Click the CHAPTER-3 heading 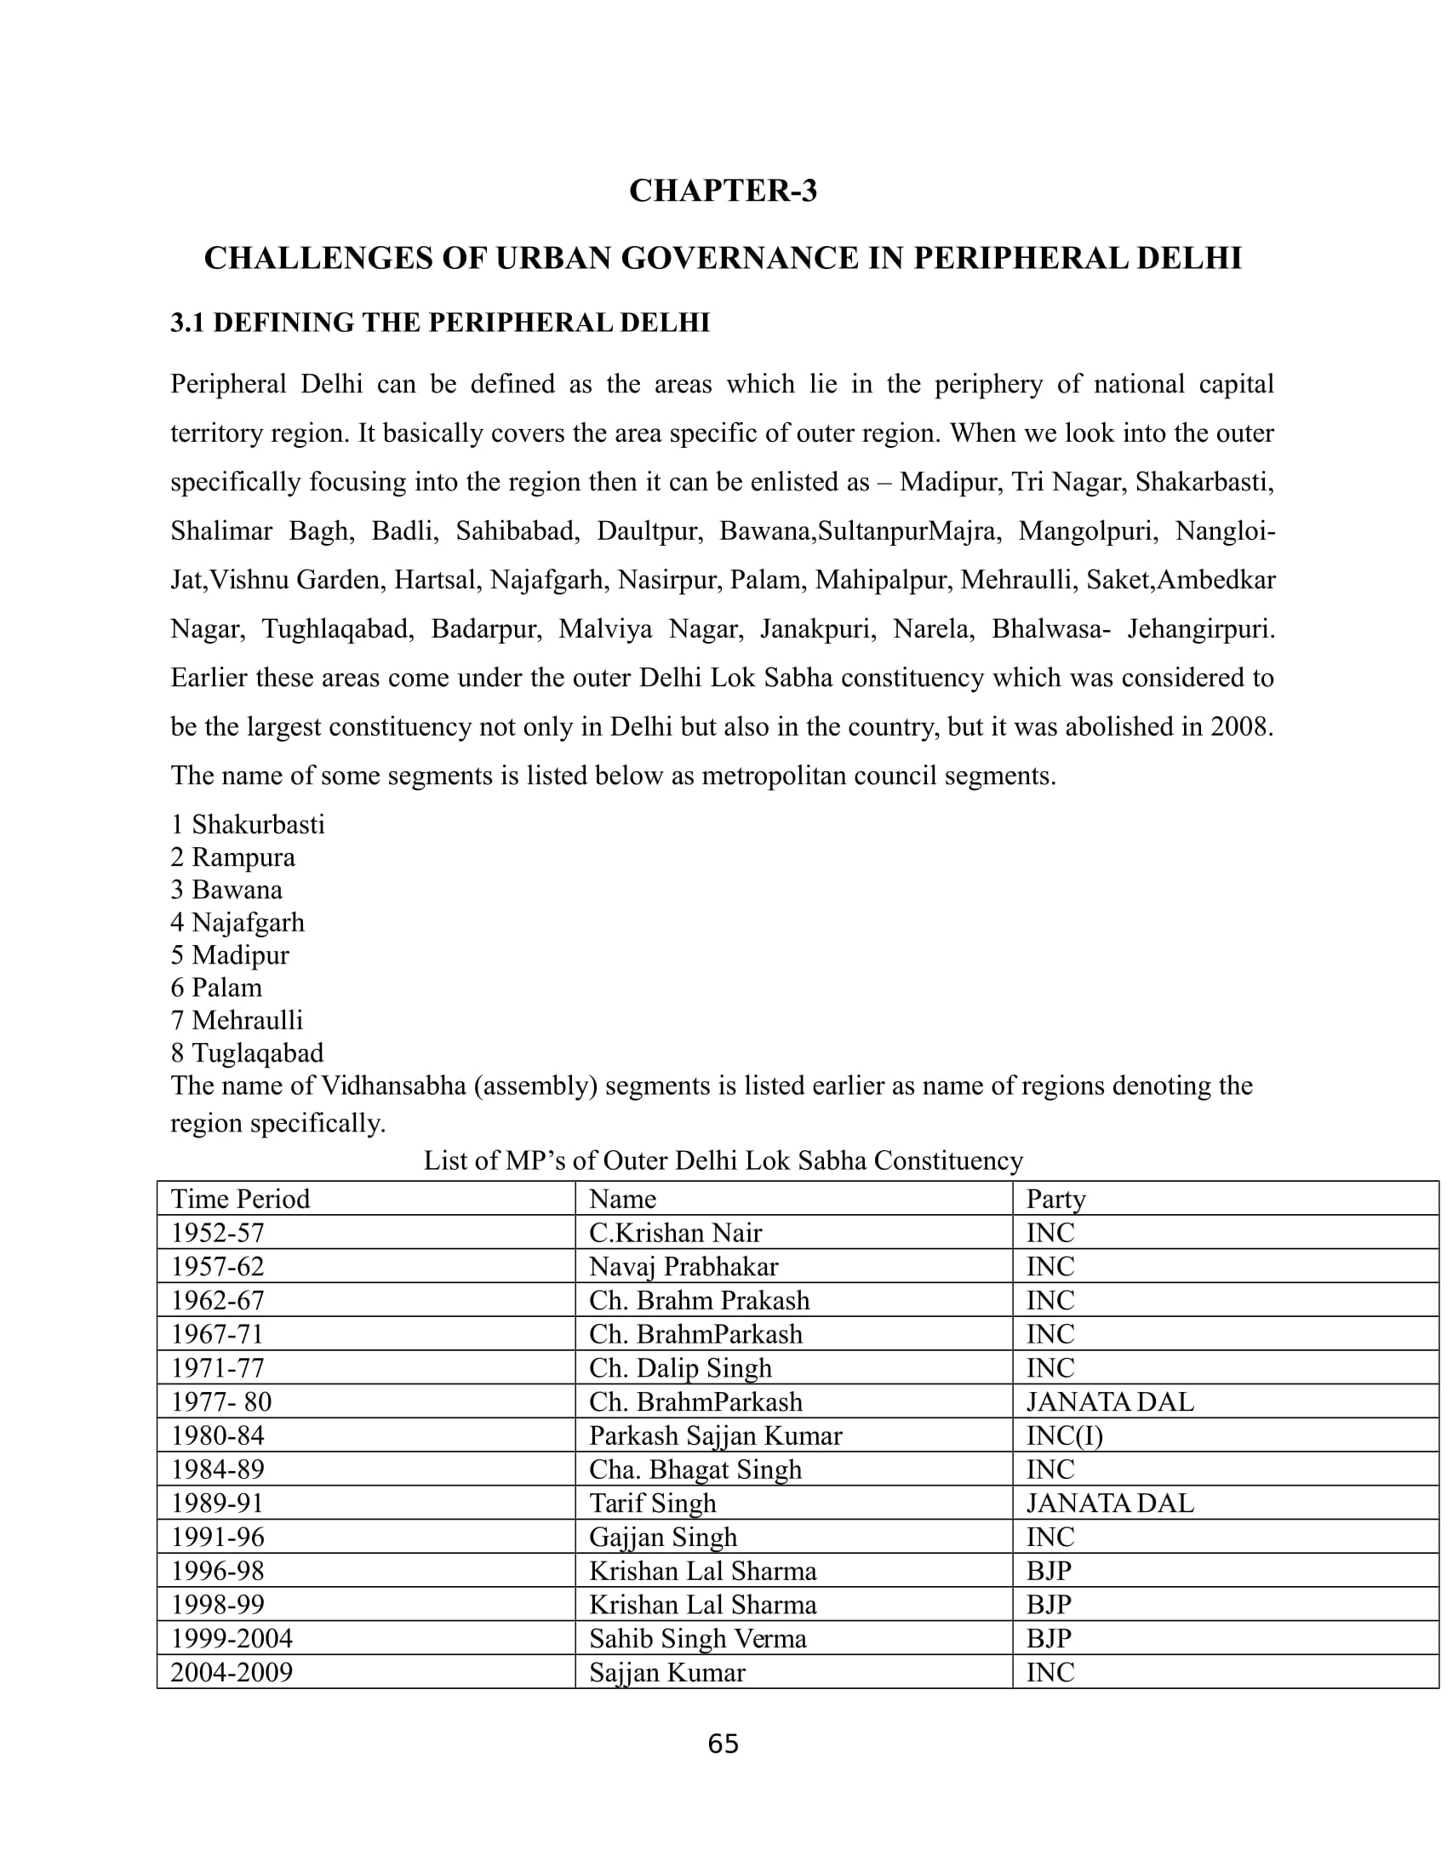723,191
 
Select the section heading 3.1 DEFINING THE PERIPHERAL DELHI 440,323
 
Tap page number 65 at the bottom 723,1744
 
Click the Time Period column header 240,1198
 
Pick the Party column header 1055,1198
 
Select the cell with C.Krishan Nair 675,1233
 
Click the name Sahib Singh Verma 697,1638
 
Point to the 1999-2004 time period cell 232,1638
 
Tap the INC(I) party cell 1064,1435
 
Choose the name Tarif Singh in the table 651,1504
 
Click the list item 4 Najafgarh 237,922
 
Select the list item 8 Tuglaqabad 247,1052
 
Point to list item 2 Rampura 232,856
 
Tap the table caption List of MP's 723,1160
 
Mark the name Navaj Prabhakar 683,1266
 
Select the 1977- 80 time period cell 221,1401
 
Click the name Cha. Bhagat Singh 695,1469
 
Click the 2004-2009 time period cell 232,1671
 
